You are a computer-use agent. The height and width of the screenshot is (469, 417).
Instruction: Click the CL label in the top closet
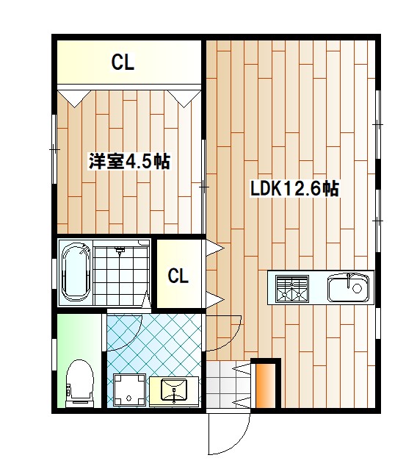(123, 63)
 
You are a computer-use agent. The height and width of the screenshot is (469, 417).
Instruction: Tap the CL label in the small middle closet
(178, 276)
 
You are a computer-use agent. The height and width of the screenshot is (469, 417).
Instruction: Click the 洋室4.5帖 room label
(128, 162)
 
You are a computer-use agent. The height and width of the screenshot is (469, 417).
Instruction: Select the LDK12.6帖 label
(294, 189)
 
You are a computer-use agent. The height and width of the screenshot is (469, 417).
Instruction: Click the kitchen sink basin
(347, 287)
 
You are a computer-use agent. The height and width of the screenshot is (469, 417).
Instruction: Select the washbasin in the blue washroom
(173, 390)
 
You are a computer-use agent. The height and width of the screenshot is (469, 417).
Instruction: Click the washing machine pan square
(130, 390)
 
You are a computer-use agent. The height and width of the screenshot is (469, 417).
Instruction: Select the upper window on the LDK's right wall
(378, 125)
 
